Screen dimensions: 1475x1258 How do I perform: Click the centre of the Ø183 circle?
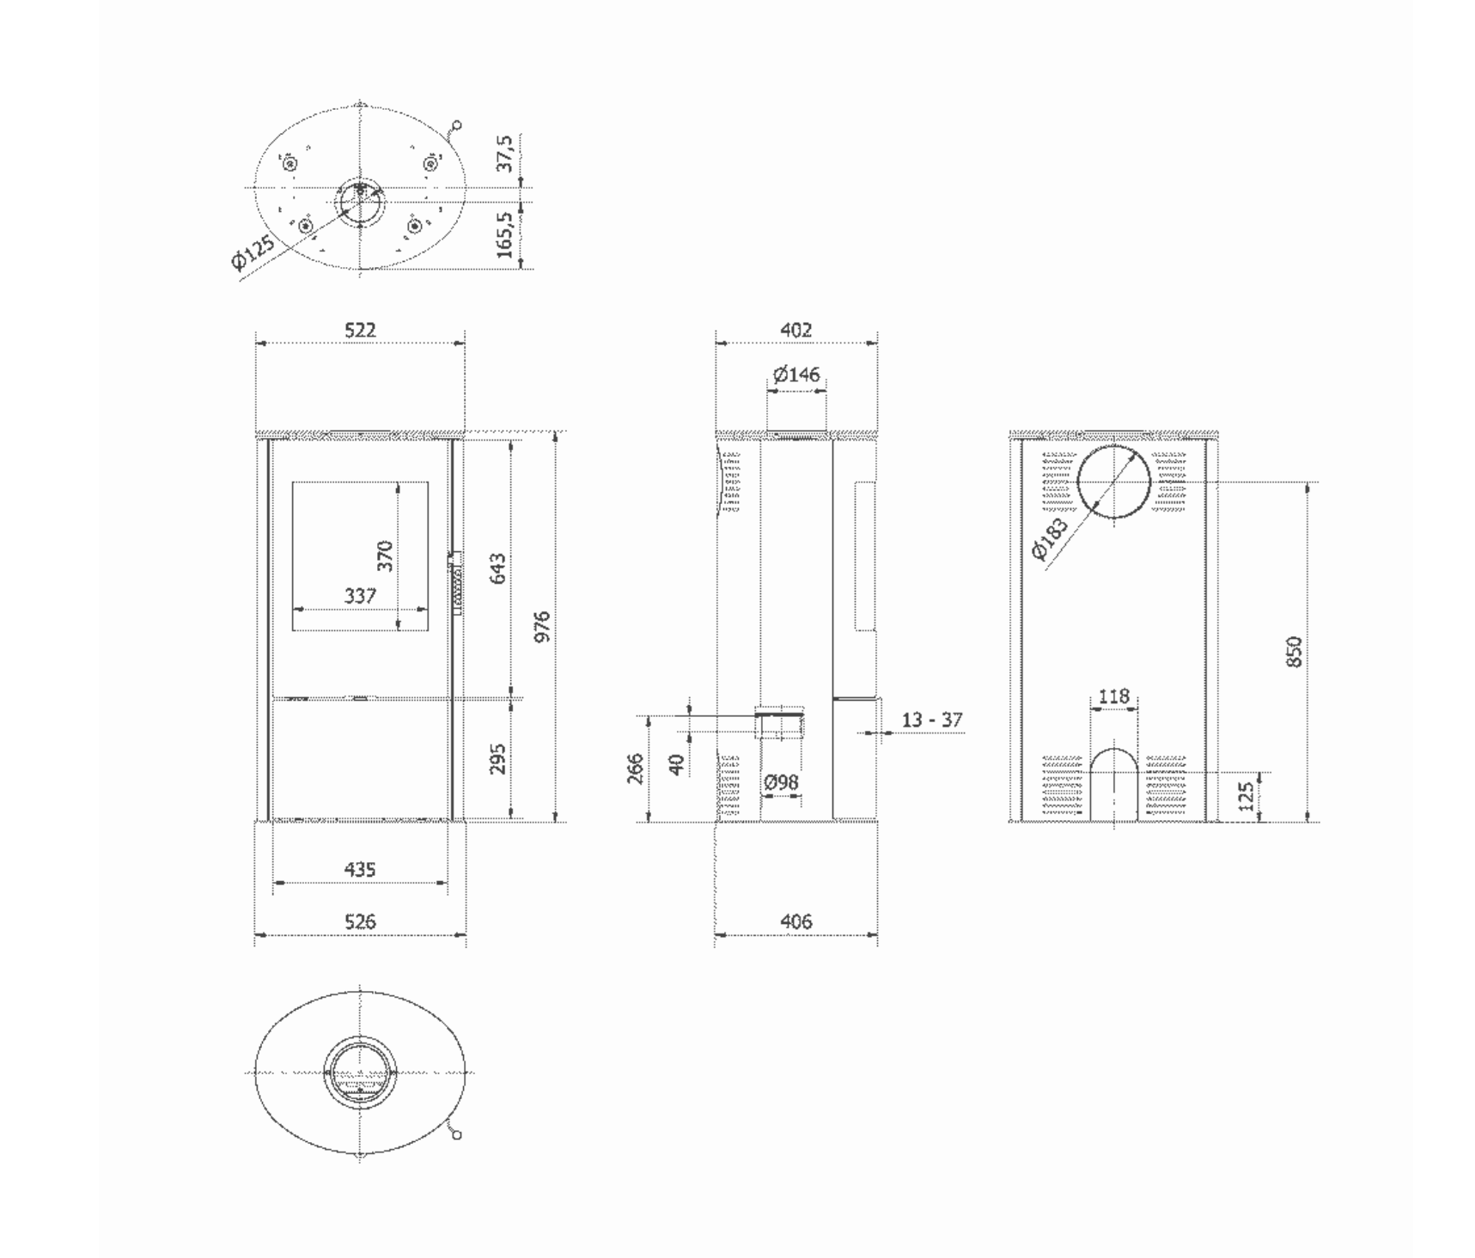coord(1113,482)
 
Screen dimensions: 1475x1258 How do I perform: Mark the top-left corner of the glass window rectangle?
coord(293,482)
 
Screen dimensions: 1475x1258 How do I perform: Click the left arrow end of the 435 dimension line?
coord(273,882)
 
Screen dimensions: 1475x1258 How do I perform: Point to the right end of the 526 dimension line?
coord(466,934)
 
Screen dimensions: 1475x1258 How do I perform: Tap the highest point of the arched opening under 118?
coord(1114,748)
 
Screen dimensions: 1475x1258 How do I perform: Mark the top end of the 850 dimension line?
coord(1307,483)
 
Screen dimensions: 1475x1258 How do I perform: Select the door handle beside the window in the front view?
coord(456,582)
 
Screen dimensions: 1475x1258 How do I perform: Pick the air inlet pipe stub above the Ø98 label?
coord(779,722)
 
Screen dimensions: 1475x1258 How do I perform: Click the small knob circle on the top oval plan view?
coord(457,125)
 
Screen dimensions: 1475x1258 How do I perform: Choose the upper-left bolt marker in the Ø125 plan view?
coord(290,163)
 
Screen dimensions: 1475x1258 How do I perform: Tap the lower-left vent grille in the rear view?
coord(1062,783)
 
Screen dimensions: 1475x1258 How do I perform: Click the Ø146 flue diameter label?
coord(796,374)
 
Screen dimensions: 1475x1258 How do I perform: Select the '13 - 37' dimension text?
coord(932,720)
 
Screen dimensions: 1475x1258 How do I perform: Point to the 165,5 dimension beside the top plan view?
coord(505,235)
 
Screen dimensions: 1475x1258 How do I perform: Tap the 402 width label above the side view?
coord(796,330)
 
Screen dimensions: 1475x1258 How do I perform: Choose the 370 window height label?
coord(385,556)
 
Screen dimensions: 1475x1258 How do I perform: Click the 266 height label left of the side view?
coord(636,769)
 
